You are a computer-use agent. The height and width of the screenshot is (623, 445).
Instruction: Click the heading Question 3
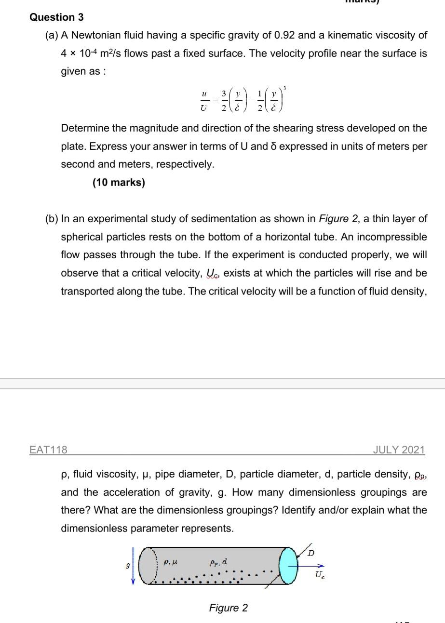click(x=56, y=17)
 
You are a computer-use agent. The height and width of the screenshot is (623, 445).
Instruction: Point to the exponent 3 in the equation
click(x=285, y=88)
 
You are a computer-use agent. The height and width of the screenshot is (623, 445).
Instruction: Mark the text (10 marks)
click(x=119, y=183)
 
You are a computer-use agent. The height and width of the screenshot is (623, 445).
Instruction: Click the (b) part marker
click(x=51, y=219)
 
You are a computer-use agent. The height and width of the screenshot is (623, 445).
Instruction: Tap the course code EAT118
click(x=48, y=450)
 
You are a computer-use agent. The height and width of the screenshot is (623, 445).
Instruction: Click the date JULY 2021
click(x=399, y=450)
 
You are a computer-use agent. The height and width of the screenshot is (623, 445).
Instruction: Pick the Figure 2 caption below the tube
click(x=228, y=608)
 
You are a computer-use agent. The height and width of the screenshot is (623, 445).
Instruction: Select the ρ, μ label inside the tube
click(x=170, y=561)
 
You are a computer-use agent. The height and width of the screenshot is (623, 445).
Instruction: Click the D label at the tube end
click(x=311, y=553)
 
